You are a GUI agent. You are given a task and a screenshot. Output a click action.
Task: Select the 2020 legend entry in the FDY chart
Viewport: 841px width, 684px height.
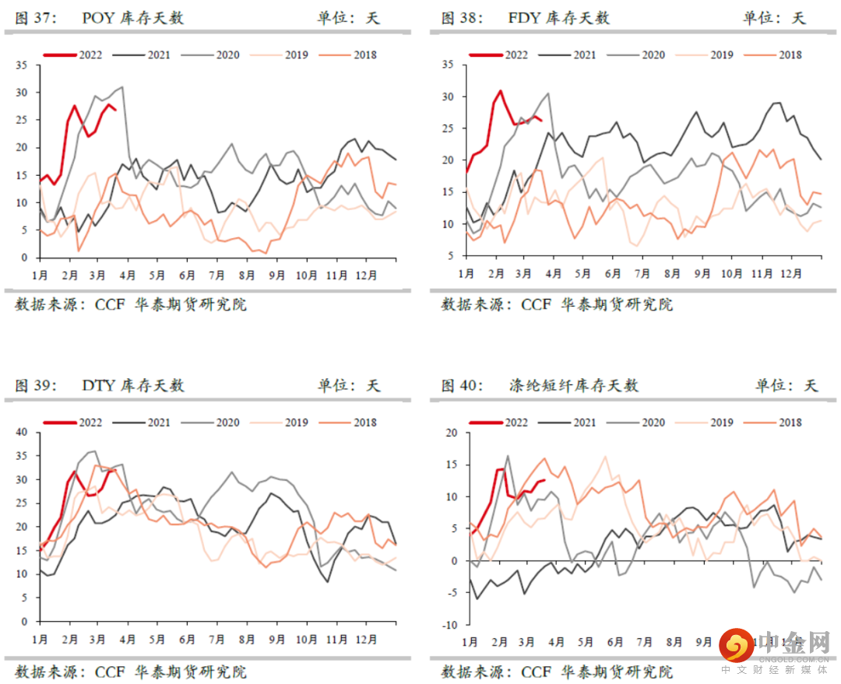click(x=653, y=55)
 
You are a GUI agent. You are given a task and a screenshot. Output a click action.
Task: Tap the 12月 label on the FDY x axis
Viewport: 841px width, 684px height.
click(x=791, y=274)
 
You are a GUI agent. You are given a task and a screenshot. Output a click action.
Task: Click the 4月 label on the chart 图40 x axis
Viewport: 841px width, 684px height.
click(x=556, y=642)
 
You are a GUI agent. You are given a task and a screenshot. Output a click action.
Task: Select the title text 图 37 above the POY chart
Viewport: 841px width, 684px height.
click(x=35, y=18)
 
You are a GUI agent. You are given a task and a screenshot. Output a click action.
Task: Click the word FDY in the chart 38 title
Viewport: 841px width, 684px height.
click(x=523, y=18)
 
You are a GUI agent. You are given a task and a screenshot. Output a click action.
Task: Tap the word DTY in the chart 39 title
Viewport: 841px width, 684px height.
click(x=97, y=385)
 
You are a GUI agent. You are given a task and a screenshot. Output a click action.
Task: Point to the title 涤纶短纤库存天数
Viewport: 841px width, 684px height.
click(x=573, y=385)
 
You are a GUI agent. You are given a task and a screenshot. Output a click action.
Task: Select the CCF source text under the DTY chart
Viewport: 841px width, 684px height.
click(x=110, y=672)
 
